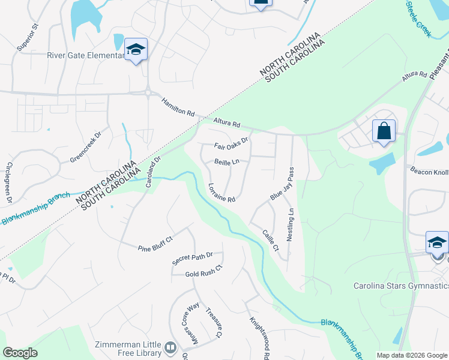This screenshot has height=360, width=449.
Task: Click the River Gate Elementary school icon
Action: click(136, 50)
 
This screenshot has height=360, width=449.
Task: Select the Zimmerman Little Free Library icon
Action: click(171, 348)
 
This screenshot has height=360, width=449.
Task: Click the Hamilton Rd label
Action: click(178, 109)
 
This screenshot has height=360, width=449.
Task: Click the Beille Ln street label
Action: click(227, 162)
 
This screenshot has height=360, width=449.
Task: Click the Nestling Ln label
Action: click(291, 224)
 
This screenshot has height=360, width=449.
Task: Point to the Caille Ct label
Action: click(271, 240)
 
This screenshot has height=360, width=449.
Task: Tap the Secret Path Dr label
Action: click(193, 259)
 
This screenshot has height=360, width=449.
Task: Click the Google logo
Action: click(20, 353)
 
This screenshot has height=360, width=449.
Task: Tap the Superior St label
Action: click(28, 37)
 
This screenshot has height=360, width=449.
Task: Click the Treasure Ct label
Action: click(214, 323)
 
